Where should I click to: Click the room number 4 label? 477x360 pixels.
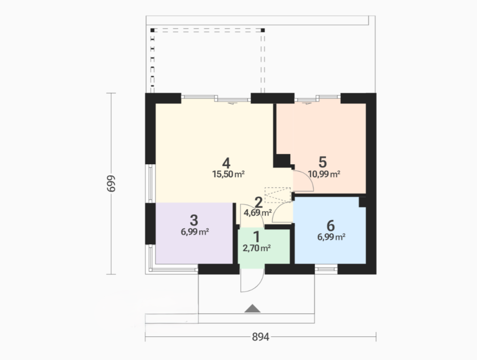click(x=226, y=163)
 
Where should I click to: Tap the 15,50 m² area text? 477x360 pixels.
click(x=228, y=174)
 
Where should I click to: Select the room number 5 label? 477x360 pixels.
click(x=323, y=162)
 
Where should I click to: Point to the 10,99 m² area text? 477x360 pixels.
click(x=324, y=174)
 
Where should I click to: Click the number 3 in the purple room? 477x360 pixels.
click(x=194, y=220)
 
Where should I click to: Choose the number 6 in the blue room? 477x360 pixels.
click(x=330, y=226)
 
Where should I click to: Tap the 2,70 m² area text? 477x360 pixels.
click(x=257, y=248)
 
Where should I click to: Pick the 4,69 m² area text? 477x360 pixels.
click(x=257, y=213)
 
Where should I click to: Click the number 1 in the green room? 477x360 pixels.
click(x=256, y=237)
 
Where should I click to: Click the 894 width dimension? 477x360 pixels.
click(x=261, y=337)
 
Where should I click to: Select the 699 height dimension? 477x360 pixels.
click(x=111, y=183)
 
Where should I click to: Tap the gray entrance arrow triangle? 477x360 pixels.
click(x=252, y=308)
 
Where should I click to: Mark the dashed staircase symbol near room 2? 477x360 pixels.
click(x=278, y=195)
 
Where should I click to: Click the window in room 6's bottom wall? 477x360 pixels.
click(x=326, y=269)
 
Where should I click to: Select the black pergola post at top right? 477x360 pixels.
click(x=263, y=30)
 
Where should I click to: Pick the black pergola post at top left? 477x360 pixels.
click(x=153, y=30)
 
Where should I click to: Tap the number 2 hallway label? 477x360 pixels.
click(x=258, y=202)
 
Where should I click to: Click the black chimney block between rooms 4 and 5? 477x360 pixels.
click(x=282, y=161)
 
